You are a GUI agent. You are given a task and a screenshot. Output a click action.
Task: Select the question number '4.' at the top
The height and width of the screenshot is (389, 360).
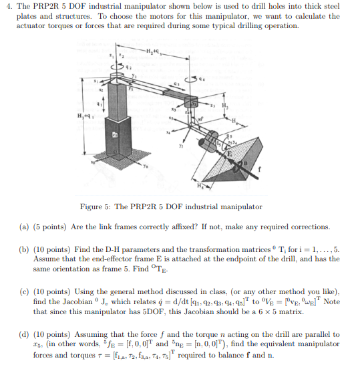[x=9, y=7]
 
